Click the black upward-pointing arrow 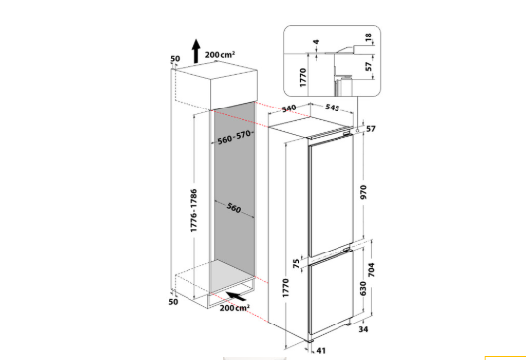(196, 51)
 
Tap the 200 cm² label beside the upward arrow (220, 54)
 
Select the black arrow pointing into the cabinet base (236, 296)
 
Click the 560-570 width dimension (234, 137)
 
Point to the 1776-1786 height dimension (193, 210)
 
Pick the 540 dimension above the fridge (289, 108)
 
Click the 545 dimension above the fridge (333, 108)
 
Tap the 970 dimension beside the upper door (363, 192)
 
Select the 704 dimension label (371, 270)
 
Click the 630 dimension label (363, 289)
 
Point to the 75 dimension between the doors (296, 263)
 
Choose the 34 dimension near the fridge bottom (363, 329)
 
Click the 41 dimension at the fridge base (321, 350)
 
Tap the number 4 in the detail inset (316, 42)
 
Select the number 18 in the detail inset (368, 36)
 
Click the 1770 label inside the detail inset (303, 78)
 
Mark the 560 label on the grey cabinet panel (234, 208)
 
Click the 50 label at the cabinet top (175, 59)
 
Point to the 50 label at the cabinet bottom (173, 302)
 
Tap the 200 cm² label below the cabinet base (235, 308)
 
